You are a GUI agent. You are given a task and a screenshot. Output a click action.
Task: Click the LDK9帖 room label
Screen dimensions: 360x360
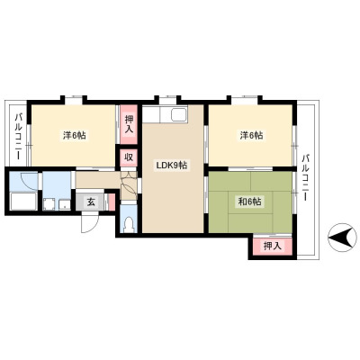pos(172,165)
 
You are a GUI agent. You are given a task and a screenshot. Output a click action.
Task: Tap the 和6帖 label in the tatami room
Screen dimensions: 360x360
pos(249,202)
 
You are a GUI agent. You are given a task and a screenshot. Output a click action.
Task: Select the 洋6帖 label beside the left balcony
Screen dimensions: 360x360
pos(75,136)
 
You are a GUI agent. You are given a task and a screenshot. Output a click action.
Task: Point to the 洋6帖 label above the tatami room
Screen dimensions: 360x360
pos(251,136)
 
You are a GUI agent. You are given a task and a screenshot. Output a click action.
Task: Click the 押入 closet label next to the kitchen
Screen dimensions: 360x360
pos(129,124)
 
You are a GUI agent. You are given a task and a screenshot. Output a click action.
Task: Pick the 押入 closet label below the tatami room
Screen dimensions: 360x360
pos(273,247)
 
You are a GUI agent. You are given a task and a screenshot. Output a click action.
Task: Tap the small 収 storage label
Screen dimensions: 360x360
pos(129,157)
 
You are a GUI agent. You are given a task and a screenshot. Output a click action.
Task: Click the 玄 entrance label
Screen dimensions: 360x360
pos(91,202)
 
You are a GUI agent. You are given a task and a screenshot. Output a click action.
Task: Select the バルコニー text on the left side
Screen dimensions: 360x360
pos(19,137)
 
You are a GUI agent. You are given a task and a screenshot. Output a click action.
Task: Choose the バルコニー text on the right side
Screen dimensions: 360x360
pos(306,177)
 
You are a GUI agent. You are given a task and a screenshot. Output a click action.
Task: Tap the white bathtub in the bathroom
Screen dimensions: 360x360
pos(23,202)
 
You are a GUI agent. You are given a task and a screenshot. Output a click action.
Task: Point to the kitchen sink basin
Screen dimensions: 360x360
pos(179,114)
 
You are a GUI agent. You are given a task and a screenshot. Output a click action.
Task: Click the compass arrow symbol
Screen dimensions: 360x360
pos(343,238)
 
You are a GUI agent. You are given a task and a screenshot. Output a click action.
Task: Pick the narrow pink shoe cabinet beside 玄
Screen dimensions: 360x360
pos(112,202)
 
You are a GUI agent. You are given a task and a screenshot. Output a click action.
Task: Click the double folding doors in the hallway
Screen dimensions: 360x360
pos(129,185)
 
